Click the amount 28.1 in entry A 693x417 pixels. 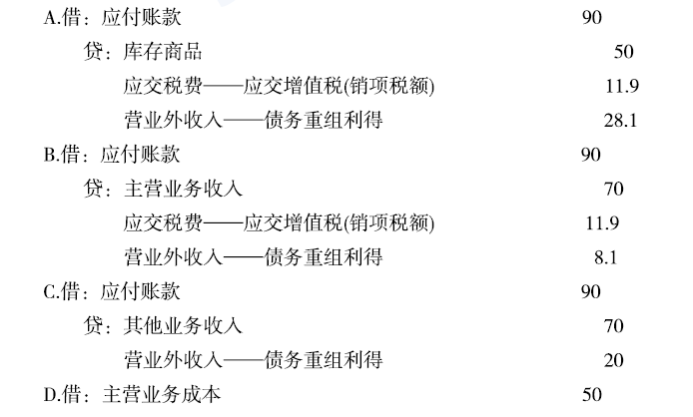tap(620, 120)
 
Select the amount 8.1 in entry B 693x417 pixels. tap(605, 257)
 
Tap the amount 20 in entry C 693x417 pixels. tap(613, 360)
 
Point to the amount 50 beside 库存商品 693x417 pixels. tap(624, 52)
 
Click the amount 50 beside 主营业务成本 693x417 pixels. tap(592, 394)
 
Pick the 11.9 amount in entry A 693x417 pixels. tap(622, 86)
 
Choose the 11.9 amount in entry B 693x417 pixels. tap(602, 223)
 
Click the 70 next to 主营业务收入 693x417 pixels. tap(613, 190)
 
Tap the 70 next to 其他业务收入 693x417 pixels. tap(613, 326)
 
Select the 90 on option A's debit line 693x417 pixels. tap(592, 18)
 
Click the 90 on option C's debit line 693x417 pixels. tap(591, 291)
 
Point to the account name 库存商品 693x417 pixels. tap(163, 52)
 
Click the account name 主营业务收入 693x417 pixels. tap(183, 190)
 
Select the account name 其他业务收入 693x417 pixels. tap(183, 326)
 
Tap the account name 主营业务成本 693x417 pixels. tap(162, 394)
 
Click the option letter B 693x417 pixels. tap(49, 155)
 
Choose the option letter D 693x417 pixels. tap(50, 395)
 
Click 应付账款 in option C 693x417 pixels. tap(140, 291)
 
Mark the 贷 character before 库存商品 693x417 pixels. tap(93, 52)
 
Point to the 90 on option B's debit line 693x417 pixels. tap(591, 155)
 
